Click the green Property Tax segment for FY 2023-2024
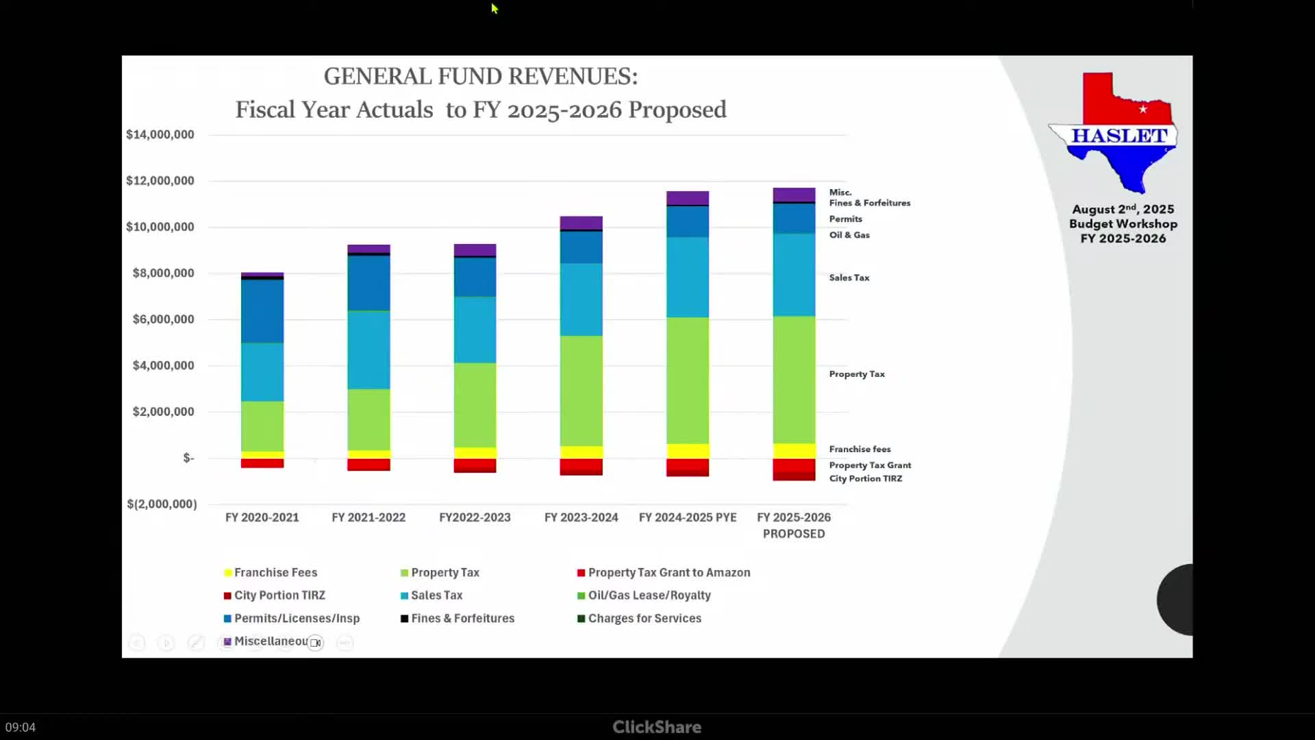tap(581, 391)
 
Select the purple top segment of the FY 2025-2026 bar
tap(794, 195)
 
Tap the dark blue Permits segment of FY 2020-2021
tap(262, 311)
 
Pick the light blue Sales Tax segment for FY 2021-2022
tap(368, 350)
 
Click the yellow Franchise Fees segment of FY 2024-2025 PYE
tap(688, 451)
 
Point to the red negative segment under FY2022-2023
tap(475, 465)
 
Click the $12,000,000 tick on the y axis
tap(160, 181)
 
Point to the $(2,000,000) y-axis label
tap(162, 504)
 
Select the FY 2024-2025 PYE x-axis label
tap(688, 518)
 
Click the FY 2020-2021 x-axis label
tap(262, 518)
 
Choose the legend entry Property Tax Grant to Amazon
tap(668, 573)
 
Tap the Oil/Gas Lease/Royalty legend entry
tap(649, 595)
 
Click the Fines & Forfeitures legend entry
tap(462, 619)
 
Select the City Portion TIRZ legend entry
tap(279, 595)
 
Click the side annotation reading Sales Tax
tap(849, 277)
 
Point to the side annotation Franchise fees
tap(860, 449)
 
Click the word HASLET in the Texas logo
tap(1119, 136)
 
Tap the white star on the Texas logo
tap(1143, 110)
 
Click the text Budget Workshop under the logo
tap(1123, 224)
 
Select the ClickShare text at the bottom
tap(657, 727)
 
